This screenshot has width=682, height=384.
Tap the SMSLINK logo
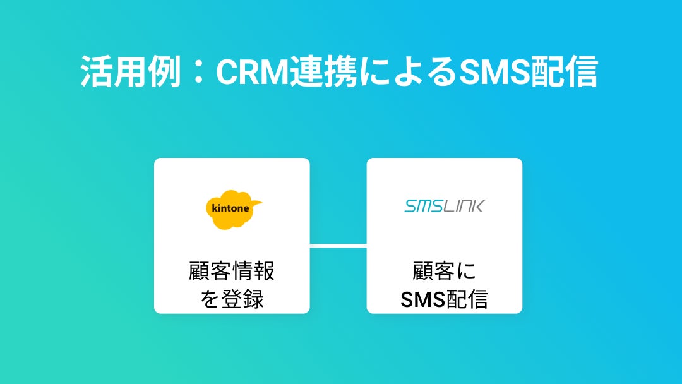tap(444, 206)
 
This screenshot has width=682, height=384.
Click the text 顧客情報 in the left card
tap(232, 272)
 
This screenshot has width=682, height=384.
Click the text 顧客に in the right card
tap(444, 272)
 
